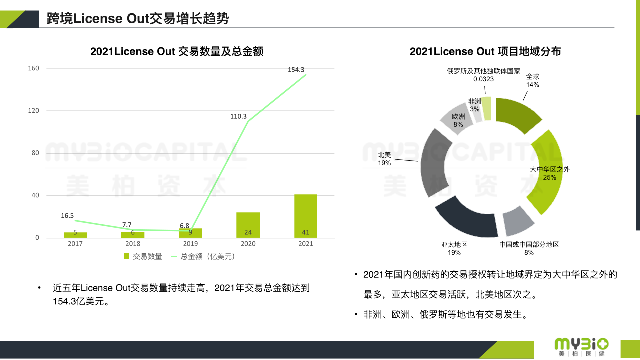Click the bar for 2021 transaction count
(306, 216)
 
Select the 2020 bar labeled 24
(248, 225)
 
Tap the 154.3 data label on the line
(296, 70)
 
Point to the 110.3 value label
(238, 116)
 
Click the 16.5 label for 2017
(67, 215)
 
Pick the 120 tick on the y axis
(34, 111)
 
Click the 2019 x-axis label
(190, 244)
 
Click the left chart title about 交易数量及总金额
(177, 51)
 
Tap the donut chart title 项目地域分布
(485, 51)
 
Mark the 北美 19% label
(384, 159)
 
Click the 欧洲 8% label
(458, 120)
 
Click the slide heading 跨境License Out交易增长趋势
(138, 19)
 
